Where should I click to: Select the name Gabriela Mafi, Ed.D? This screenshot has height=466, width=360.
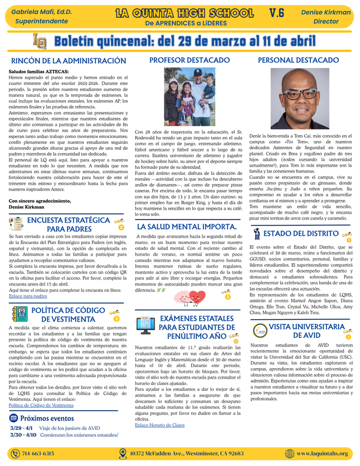36,12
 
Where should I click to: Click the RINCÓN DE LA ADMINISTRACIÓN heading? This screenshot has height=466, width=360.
69,61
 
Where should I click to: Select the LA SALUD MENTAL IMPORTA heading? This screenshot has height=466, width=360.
186,226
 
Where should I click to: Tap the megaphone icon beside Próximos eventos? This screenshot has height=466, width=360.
13,418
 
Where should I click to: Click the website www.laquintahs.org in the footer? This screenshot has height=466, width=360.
322,454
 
